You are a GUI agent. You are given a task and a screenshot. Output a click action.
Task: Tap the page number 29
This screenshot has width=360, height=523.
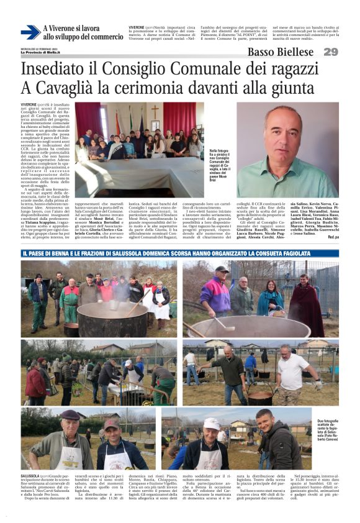click(330, 52)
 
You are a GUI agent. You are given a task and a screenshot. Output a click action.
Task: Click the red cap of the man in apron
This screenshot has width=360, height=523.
click(112, 424)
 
